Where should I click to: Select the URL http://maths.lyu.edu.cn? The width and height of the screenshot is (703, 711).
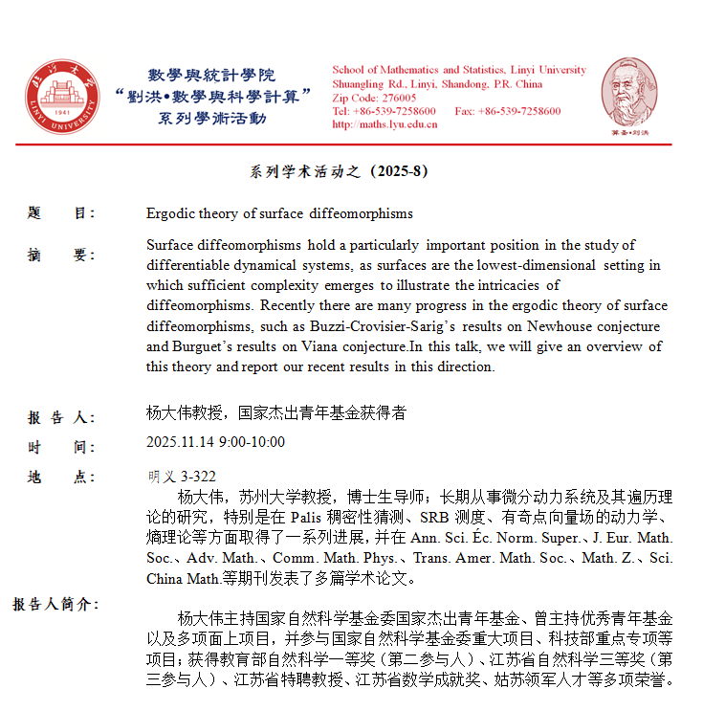coord(384,124)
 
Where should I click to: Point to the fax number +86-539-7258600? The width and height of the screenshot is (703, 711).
coord(523,111)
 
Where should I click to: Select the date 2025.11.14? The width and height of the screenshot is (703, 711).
coord(179,442)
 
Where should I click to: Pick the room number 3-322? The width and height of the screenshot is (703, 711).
coord(198,477)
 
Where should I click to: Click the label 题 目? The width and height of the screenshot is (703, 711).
coord(61,213)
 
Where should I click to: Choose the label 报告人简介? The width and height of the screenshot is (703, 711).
coord(55,604)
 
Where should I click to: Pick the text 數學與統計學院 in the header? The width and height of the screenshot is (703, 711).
coord(211,75)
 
